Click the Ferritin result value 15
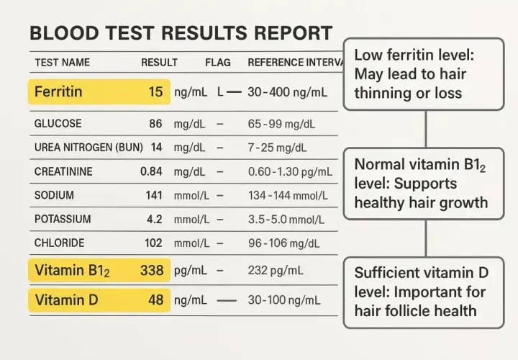[155, 92]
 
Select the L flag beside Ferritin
[220, 92]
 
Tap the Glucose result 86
[155, 124]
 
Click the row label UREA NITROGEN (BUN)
[88, 148]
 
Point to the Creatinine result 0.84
[151, 171]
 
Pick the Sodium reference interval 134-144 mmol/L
[288, 196]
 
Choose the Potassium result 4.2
[154, 219]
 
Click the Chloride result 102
[153, 243]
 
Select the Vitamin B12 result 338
[152, 271]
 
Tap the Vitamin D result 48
[155, 300]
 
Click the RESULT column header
[159, 63]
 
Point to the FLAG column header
[218, 63]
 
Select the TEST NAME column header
[63, 63]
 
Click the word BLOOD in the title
[65, 33]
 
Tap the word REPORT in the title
[293, 33]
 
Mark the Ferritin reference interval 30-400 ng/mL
[287, 92]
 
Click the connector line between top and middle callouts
[426, 130]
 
